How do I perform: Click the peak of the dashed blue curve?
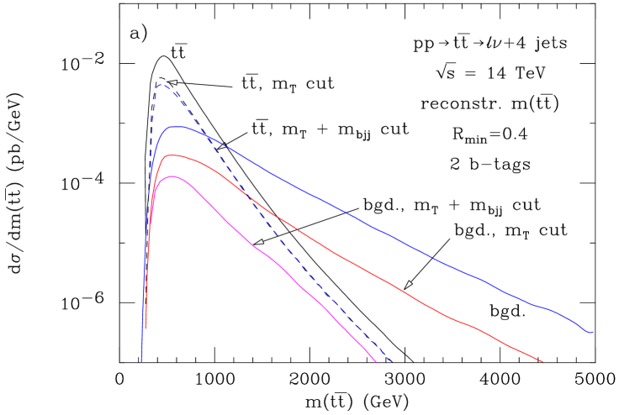pyautogui.click(x=161, y=85)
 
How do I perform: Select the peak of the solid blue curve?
pyautogui.click(x=177, y=127)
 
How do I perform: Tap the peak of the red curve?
pyautogui.click(x=171, y=155)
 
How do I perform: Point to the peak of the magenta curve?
pyautogui.click(x=172, y=176)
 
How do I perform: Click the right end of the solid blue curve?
pyautogui.click(x=592, y=332)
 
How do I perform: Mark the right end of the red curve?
pyautogui.click(x=543, y=362)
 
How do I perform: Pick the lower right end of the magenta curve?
pyautogui.click(x=375, y=362)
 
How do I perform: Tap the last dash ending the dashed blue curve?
pyautogui.click(x=389, y=360)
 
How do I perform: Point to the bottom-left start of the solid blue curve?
pyautogui.click(x=141, y=360)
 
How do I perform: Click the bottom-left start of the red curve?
pyautogui.click(x=146, y=328)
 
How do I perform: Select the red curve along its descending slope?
pyautogui.click(x=378, y=275)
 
